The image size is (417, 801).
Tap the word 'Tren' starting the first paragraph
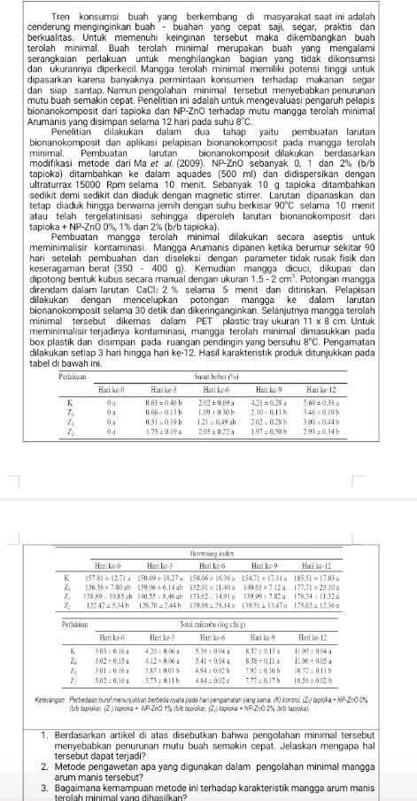65,16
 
